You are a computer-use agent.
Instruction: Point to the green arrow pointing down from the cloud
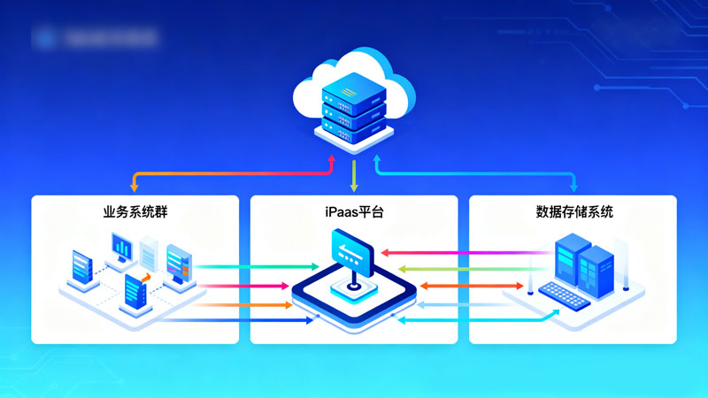[354, 174]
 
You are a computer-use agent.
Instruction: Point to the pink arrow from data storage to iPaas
[460, 252]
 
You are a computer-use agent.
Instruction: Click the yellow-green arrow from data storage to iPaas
[460, 268]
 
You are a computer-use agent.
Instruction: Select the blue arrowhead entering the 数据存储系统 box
[574, 187]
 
